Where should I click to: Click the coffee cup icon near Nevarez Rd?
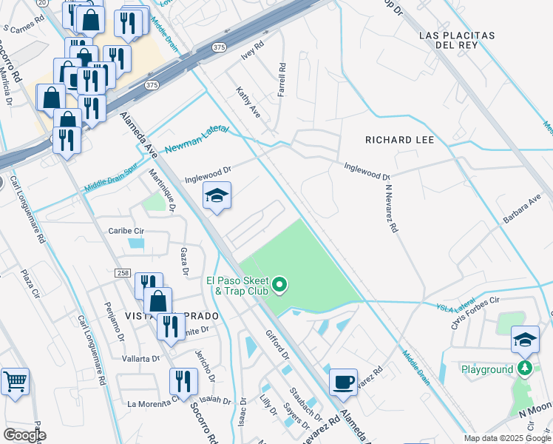(x=343, y=382)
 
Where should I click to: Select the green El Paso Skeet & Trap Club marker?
(x=279, y=284)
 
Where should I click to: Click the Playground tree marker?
(x=525, y=369)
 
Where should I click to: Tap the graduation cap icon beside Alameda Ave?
(x=217, y=197)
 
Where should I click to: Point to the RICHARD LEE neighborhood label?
(x=399, y=139)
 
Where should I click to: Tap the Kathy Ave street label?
(x=248, y=103)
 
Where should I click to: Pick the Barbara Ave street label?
(x=522, y=211)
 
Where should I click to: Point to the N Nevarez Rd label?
(x=390, y=208)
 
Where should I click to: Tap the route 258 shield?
(x=123, y=273)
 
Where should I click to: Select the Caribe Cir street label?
(x=127, y=230)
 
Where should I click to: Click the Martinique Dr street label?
(x=161, y=190)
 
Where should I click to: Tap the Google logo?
(x=24, y=435)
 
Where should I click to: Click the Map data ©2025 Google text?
(x=506, y=438)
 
